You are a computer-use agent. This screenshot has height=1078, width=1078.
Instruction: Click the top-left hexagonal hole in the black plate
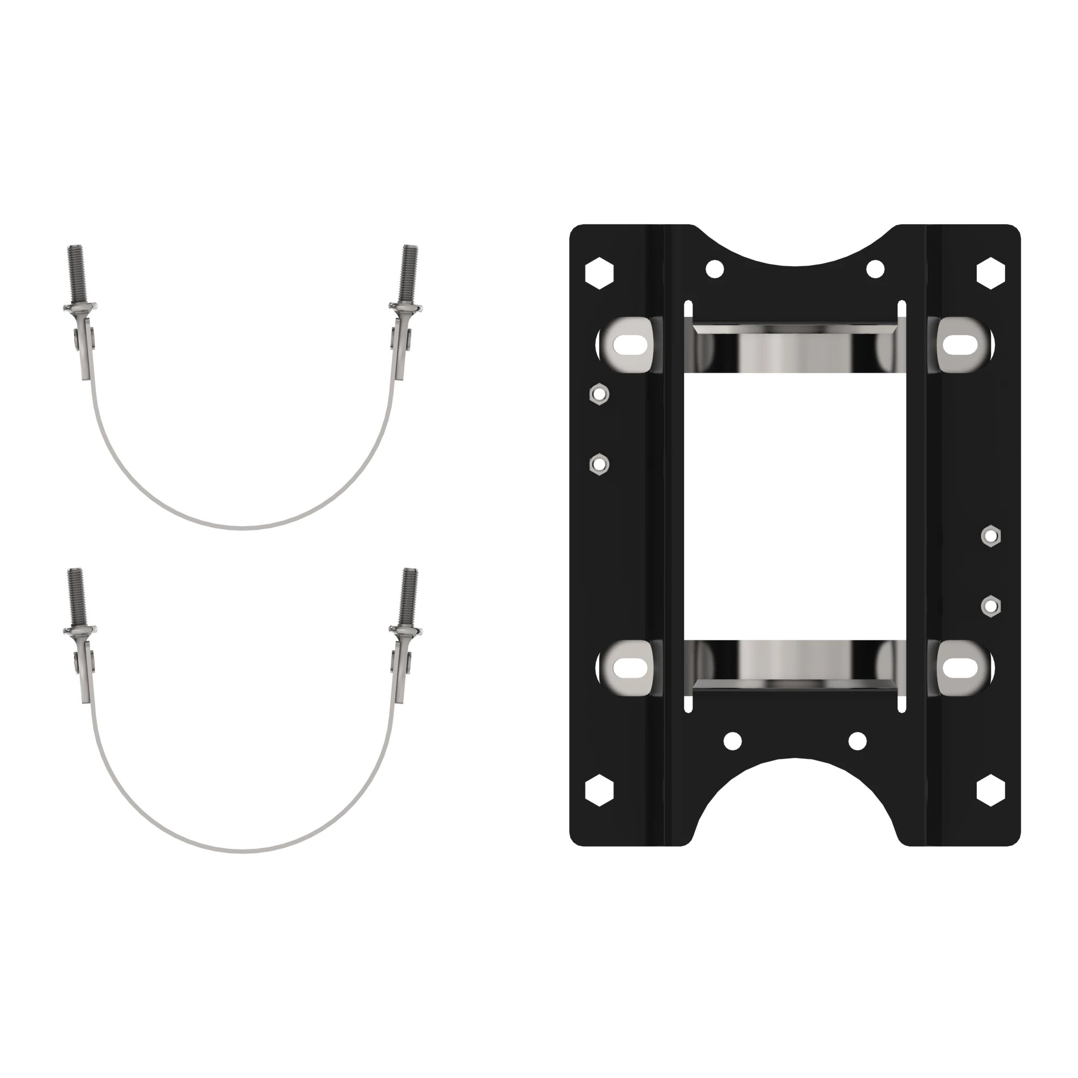tap(599, 273)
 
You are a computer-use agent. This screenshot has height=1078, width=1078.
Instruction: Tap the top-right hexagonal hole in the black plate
tap(991, 273)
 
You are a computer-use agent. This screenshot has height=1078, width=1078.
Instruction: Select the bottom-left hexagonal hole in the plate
tap(599, 790)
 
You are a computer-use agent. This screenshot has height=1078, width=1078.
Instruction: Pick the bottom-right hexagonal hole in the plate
tap(991, 790)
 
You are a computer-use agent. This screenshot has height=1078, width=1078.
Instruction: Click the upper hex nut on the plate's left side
tap(599, 395)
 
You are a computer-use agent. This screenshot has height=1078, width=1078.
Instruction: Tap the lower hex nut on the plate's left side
tap(599, 464)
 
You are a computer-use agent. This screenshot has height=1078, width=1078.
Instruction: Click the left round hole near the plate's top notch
tap(715, 269)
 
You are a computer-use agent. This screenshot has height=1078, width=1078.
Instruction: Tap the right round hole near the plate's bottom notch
tap(857, 741)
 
